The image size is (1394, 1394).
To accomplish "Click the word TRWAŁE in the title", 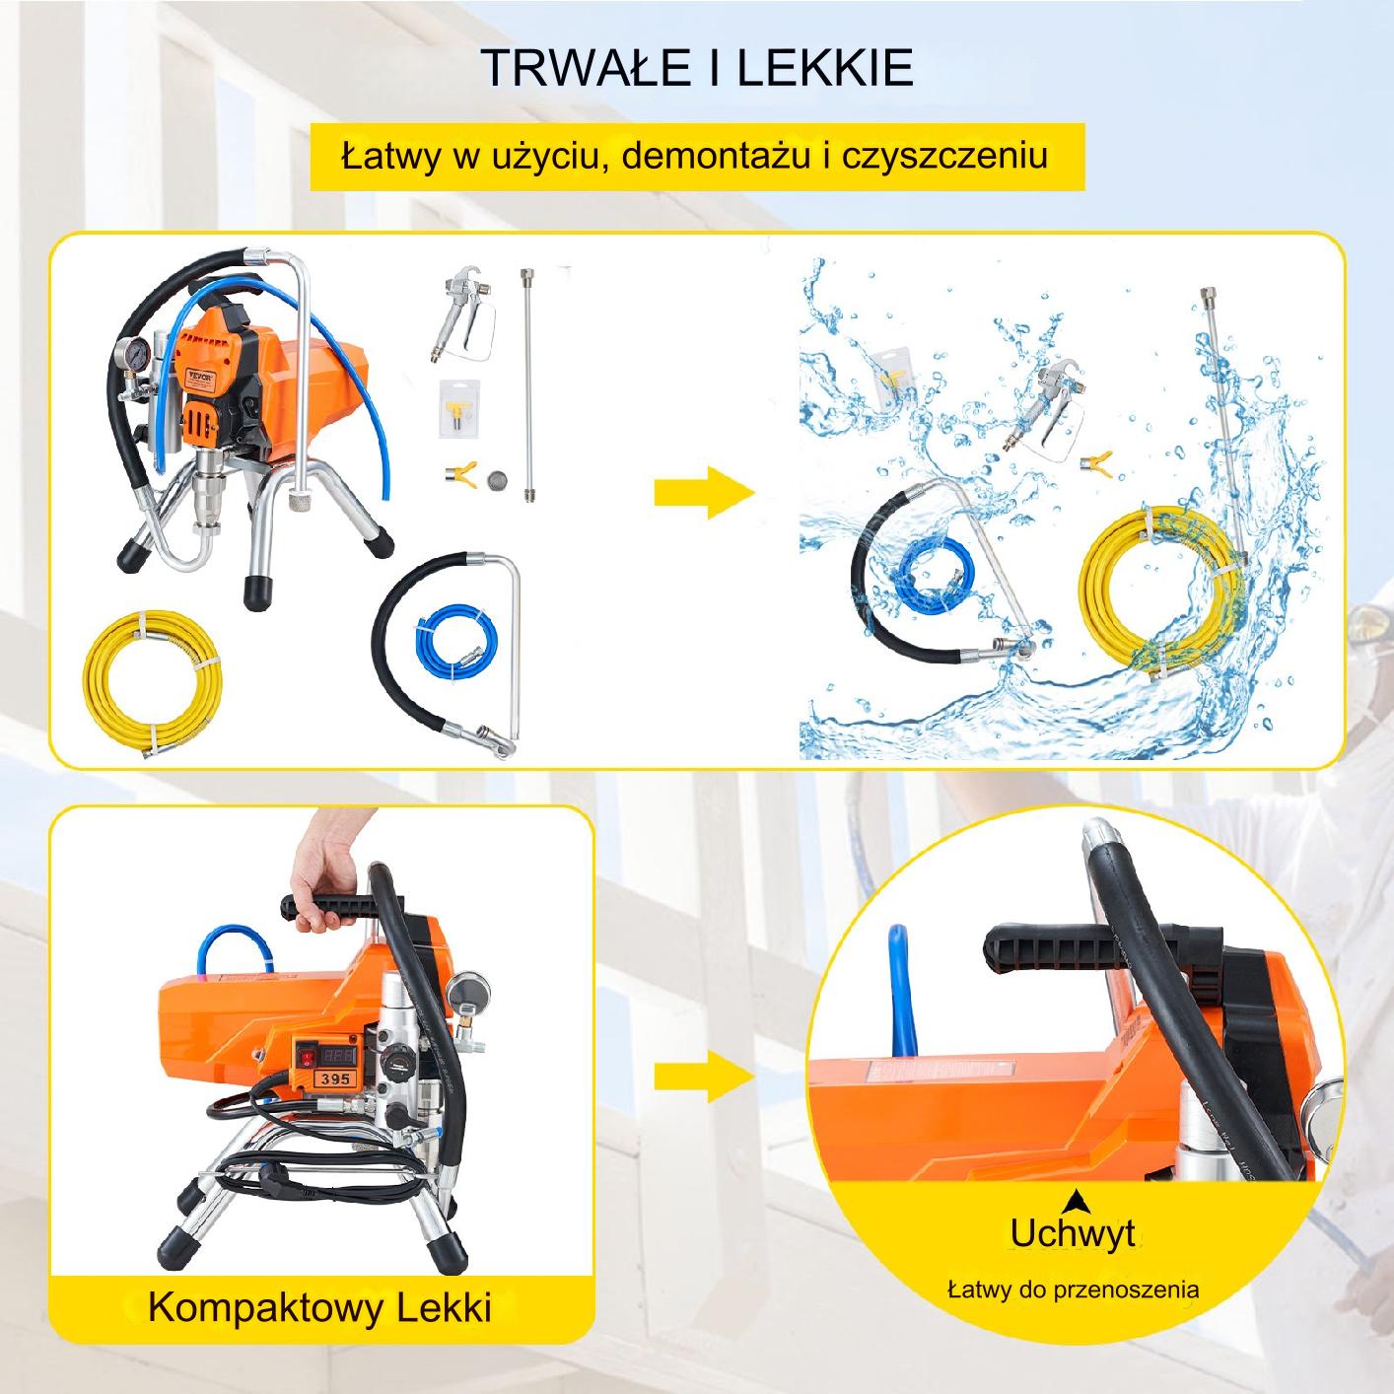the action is tap(585, 68).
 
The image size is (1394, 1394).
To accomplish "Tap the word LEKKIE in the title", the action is tap(825, 68).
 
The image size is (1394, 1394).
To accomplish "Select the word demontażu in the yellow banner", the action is tap(716, 156).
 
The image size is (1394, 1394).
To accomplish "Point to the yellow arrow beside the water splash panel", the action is tap(704, 493).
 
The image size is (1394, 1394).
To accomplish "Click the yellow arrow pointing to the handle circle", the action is tap(704, 1076).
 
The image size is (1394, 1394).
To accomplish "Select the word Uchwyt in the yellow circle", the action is tap(1073, 1235).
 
